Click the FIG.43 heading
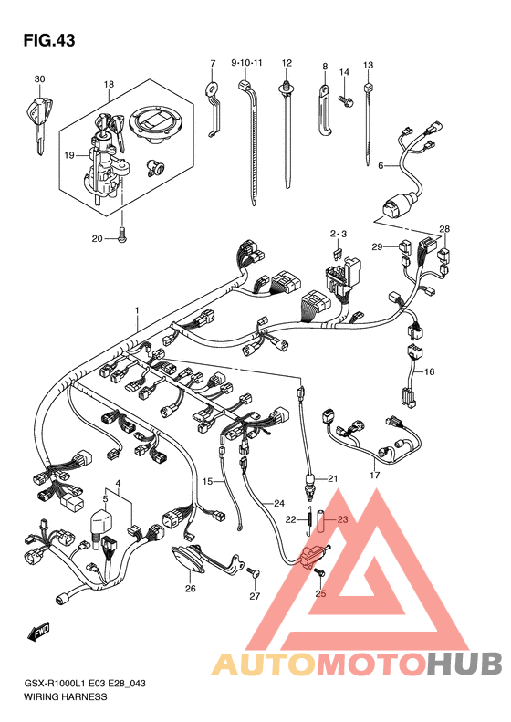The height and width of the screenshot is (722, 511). (48, 40)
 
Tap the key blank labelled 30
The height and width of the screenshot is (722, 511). (39, 122)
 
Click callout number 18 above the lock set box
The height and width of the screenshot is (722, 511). (109, 84)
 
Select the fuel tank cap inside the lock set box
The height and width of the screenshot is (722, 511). (155, 123)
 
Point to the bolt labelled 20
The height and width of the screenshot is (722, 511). (122, 235)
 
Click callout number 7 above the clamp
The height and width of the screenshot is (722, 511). (213, 63)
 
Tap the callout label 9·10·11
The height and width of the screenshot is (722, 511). (246, 62)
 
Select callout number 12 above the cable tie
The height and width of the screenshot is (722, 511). (287, 63)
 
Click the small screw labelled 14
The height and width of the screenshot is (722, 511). (345, 99)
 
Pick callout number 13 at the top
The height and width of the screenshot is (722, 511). (368, 65)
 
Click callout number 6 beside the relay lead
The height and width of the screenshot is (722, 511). (381, 165)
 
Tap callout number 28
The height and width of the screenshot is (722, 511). (444, 229)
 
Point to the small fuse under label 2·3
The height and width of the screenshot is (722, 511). (338, 253)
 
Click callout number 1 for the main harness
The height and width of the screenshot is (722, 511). (137, 310)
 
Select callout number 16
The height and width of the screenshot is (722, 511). (429, 371)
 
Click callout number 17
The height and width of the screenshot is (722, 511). (375, 475)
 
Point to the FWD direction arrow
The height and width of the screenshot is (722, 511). (38, 632)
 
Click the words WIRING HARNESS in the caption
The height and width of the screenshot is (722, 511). (65, 696)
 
